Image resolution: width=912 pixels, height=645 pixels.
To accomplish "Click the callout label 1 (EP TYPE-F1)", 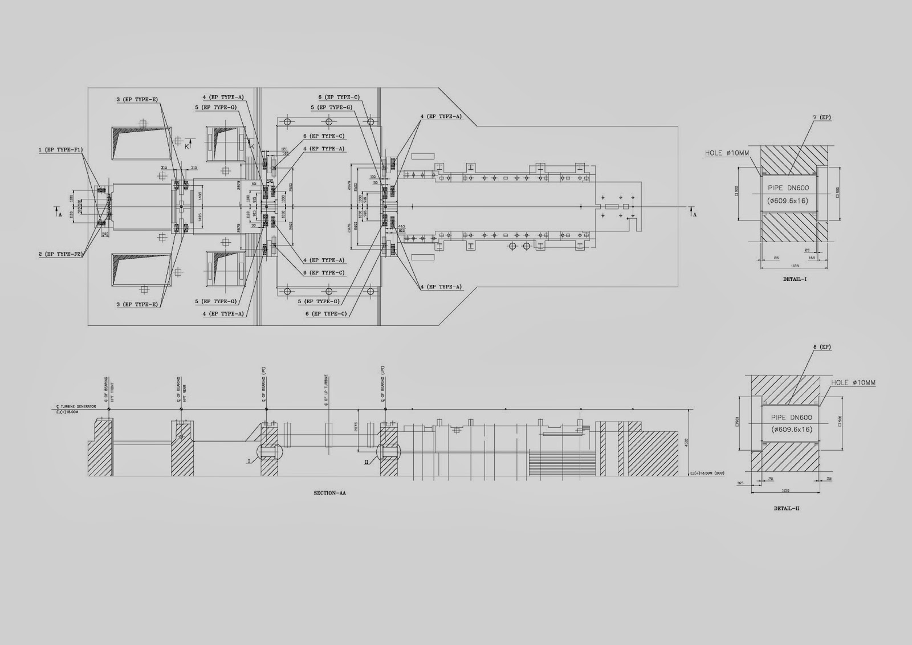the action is coord(61,150).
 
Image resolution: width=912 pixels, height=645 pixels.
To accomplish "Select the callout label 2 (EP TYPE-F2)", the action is coord(61,254).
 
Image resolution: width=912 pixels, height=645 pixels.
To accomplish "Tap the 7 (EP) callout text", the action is coord(822,117).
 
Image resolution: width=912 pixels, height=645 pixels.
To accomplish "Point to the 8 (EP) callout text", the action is coord(821,347).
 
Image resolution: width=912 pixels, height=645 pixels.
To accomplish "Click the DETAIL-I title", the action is coord(795,279).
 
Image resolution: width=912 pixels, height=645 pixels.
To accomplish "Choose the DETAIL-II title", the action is coord(787,508).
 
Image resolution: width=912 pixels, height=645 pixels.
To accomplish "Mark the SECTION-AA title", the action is coord(329,493).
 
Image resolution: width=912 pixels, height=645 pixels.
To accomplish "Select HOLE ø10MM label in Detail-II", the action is coord(853,382).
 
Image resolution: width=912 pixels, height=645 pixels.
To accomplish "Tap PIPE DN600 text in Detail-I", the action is coord(788,187).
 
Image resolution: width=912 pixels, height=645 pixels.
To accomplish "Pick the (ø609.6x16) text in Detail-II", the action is coord(792,429).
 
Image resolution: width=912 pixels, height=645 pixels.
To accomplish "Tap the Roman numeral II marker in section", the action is coord(367,463).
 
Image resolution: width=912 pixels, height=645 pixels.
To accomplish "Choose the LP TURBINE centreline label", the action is coord(327,385).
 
